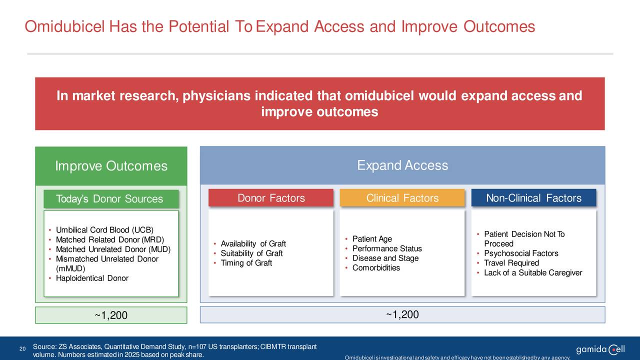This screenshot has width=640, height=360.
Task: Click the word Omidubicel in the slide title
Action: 65,26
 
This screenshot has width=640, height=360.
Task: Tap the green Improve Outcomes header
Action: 111,166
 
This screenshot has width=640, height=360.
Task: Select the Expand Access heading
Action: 402,165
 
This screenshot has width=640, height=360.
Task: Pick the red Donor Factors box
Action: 271,197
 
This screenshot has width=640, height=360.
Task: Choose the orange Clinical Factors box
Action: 402,197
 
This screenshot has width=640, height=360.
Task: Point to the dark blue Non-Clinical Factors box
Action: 533,197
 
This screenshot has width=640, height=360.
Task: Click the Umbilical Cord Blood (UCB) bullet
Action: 104,230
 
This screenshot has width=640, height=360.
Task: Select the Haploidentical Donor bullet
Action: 92,278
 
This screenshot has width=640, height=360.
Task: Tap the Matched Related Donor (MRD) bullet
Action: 110,239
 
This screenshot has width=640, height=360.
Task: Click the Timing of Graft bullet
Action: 246,263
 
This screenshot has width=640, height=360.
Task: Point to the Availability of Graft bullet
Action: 253,243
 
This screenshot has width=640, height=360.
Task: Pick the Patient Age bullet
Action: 372,239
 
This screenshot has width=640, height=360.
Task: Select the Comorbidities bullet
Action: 376,267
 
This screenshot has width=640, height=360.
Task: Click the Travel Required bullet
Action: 511,263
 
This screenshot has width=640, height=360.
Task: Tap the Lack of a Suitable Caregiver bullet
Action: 533,272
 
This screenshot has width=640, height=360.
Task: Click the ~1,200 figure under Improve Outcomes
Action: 111,315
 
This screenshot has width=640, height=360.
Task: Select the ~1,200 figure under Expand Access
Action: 402,314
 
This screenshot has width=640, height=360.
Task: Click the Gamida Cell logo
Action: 600,349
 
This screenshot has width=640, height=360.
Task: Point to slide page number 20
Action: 22,348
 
